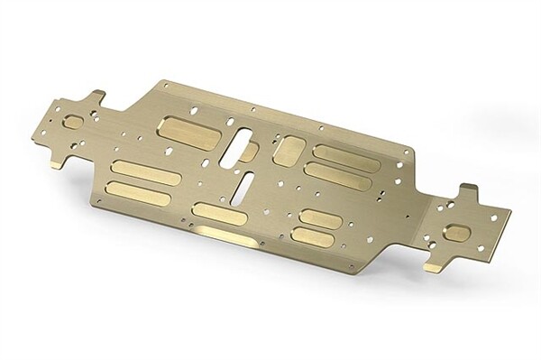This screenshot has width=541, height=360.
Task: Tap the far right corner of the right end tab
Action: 509,217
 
